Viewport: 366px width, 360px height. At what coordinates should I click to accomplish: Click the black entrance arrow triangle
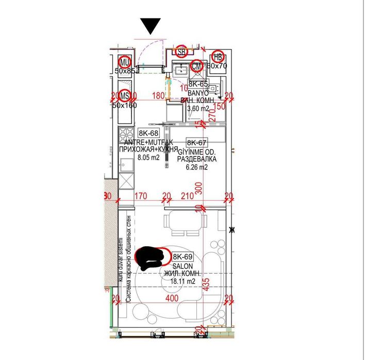[x=151, y=26]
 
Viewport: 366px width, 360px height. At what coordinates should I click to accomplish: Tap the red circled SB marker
[x=181, y=52]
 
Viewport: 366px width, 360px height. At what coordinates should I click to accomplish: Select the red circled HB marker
[x=218, y=57]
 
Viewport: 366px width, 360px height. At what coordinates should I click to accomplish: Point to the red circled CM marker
[x=196, y=66]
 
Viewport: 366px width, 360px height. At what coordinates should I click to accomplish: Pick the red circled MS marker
[x=124, y=95]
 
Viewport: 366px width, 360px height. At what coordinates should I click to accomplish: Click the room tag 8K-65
[x=198, y=83]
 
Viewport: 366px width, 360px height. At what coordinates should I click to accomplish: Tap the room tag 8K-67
[x=196, y=143]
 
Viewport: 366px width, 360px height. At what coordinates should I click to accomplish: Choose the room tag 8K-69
[x=182, y=257]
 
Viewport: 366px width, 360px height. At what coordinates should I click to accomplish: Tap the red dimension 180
[x=158, y=95]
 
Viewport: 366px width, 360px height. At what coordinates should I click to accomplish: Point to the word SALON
[x=182, y=266]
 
